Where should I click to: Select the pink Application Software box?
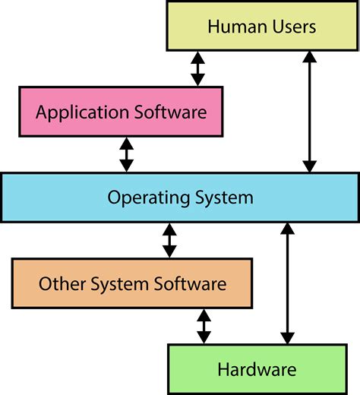(122, 112)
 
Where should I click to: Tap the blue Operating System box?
(180, 198)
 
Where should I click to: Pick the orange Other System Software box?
(132, 284)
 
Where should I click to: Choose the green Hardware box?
(256, 370)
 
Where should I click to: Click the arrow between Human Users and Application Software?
(197, 69)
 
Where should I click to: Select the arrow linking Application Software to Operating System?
(127, 155)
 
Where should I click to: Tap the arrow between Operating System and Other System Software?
(169, 241)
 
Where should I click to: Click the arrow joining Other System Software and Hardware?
(204, 326)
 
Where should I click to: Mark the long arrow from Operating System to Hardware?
(287, 284)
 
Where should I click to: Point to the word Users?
(292, 28)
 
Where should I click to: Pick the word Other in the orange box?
(60, 285)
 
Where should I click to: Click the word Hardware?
(256, 371)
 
